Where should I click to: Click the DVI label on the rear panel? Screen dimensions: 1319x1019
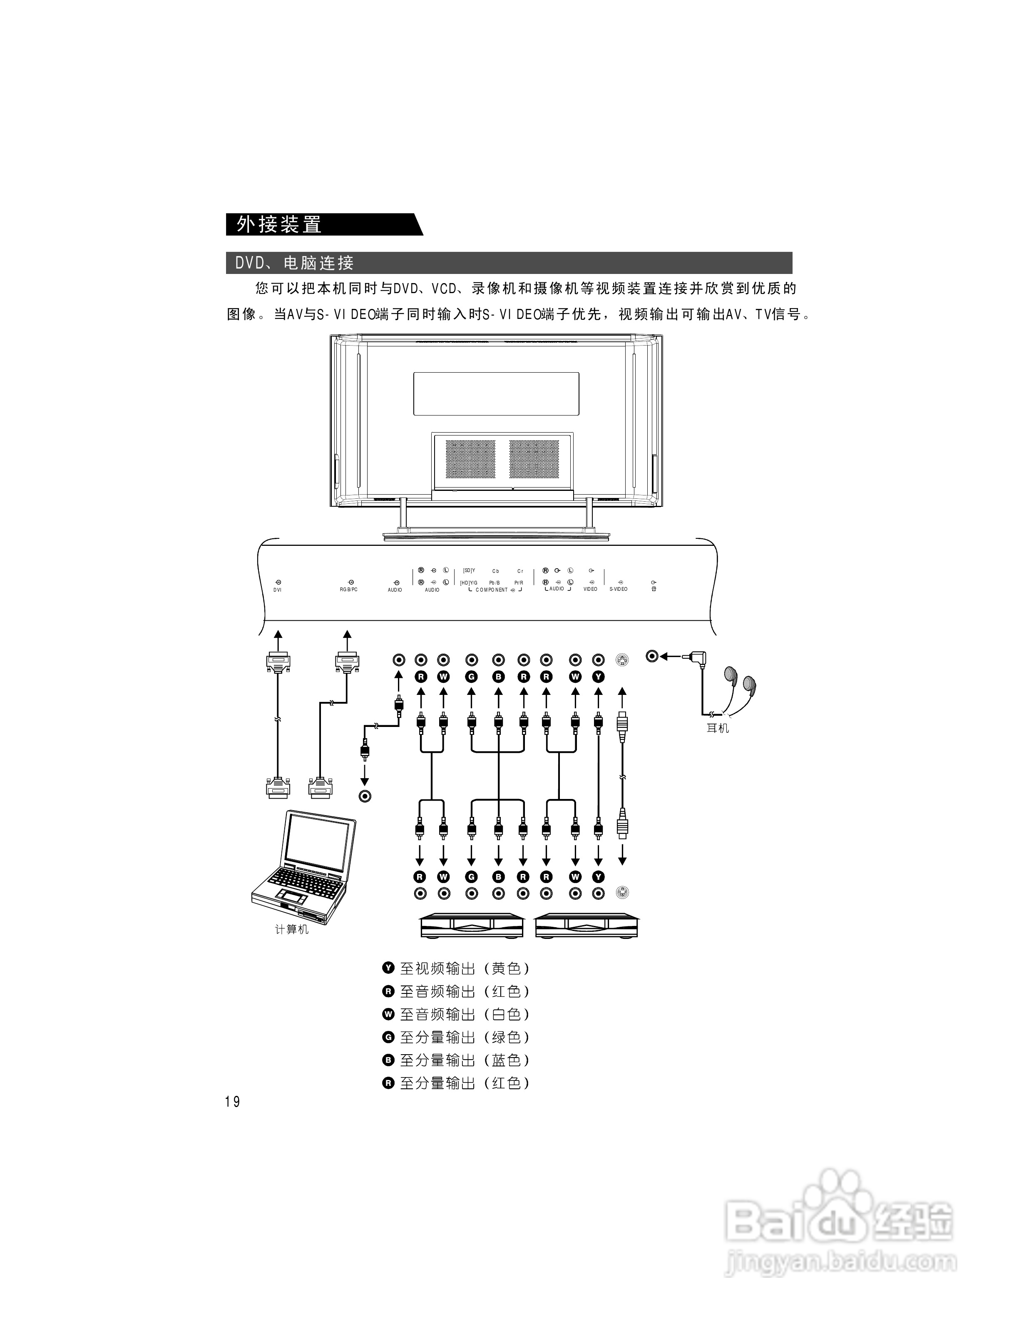[277, 590]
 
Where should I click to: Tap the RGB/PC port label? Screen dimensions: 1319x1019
[349, 590]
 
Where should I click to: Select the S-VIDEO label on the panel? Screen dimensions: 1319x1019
[618, 589]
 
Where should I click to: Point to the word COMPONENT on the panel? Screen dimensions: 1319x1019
[491, 590]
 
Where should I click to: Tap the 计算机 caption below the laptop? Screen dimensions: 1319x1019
[292, 929]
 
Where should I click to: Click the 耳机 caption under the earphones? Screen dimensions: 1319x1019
[718, 728]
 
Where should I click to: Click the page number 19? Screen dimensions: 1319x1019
[232, 1102]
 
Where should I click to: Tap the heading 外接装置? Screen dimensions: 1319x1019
[279, 225]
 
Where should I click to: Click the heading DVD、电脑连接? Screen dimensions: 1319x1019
[295, 263]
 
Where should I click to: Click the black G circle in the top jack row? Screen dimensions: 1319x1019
[472, 677]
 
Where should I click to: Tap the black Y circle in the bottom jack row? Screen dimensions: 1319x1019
[598, 877]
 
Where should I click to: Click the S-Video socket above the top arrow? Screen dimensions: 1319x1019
[622, 660]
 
